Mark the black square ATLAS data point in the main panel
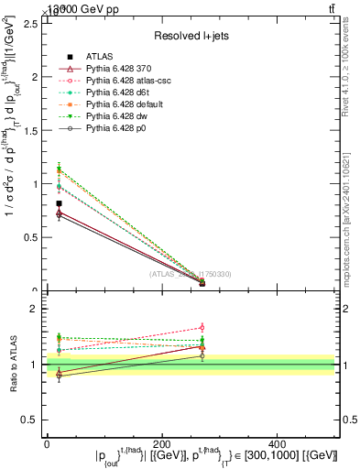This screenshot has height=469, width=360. [59, 203]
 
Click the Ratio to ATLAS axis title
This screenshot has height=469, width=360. [12, 365]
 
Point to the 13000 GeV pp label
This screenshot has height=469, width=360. [73, 8]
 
